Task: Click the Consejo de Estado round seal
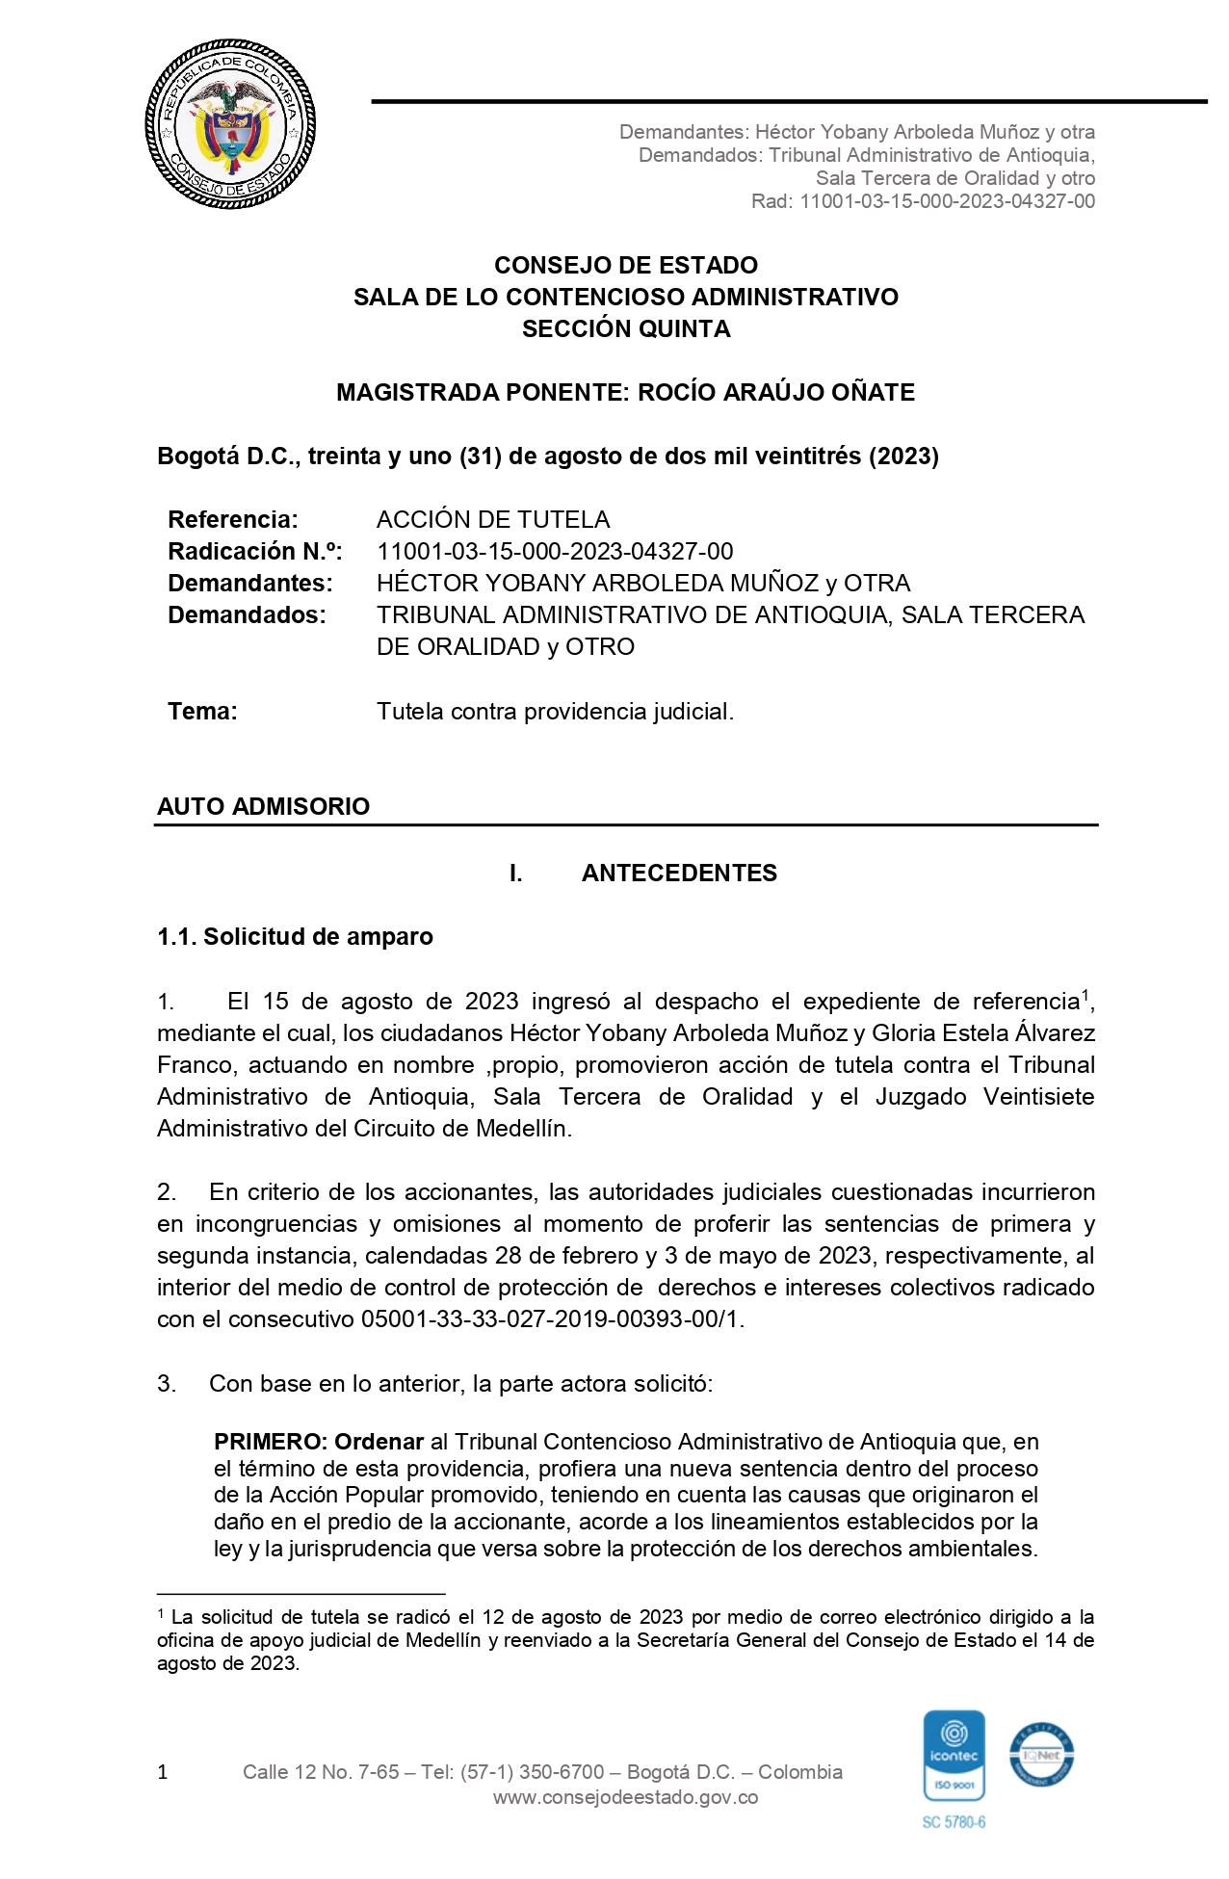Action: coord(231,124)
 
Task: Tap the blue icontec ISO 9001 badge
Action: coord(954,1757)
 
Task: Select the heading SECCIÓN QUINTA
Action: coord(626,329)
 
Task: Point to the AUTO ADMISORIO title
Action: coord(263,806)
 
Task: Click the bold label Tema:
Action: coord(202,712)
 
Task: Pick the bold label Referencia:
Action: coord(233,520)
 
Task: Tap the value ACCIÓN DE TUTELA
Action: coord(493,520)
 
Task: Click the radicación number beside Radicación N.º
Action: coord(555,552)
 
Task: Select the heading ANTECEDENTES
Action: coord(679,874)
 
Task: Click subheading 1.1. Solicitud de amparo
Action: coord(295,937)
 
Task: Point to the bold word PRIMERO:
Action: coord(271,1442)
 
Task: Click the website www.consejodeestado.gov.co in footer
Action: coord(625,1798)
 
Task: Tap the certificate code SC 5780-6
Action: coord(954,1822)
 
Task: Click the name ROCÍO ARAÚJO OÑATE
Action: coord(776,393)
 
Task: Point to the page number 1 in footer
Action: coord(163,1772)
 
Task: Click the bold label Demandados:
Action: coord(247,615)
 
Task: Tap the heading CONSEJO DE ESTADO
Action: coord(626,266)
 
